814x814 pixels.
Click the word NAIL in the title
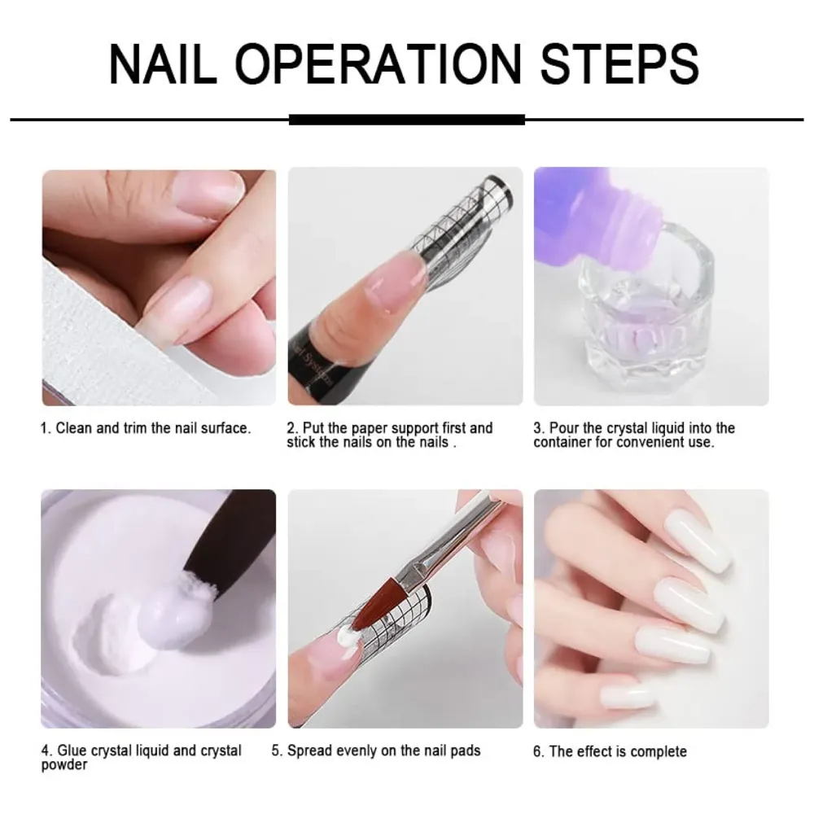click(x=163, y=63)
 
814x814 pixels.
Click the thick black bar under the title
click(x=406, y=120)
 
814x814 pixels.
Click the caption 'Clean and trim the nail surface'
click(x=147, y=428)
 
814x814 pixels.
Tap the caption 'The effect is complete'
click(x=610, y=751)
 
